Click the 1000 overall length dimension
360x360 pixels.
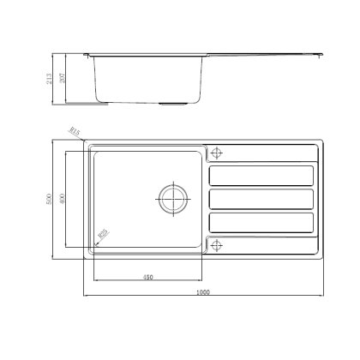pyautogui.click(x=201, y=293)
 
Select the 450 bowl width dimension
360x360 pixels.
pyautogui.click(x=147, y=277)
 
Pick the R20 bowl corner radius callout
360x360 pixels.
pyautogui.click(x=103, y=232)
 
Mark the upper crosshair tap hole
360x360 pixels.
pyautogui.click(x=215, y=153)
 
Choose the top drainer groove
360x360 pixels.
pyautogui.click(x=261, y=176)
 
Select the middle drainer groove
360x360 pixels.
pyautogui.click(x=261, y=198)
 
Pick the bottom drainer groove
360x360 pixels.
pyautogui.click(x=261, y=220)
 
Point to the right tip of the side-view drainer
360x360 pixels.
pyautogui.click(x=321, y=56)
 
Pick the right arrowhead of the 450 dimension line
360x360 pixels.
pyautogui.click(x=202, y=281)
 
